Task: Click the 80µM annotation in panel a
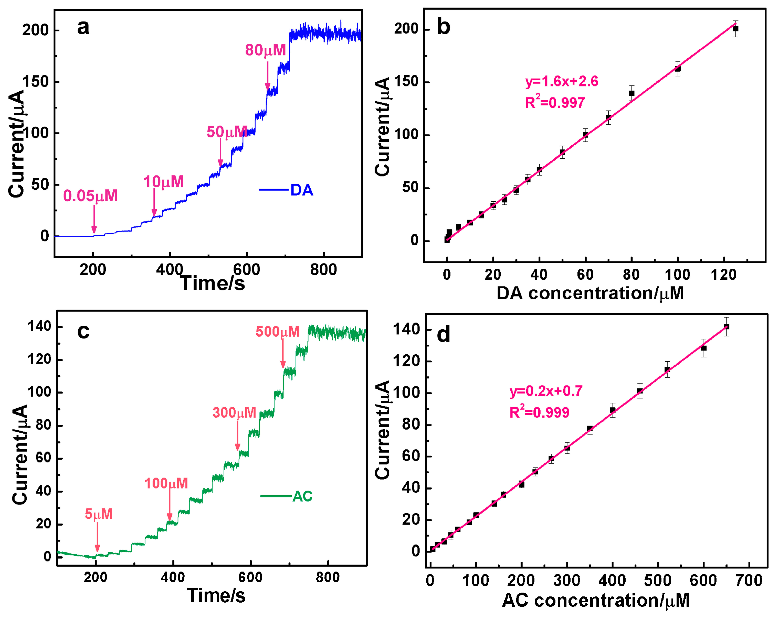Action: click(x=265, y=50)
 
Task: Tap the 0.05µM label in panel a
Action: click(x=90, y=196)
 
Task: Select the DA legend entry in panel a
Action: click(x=286, y=190)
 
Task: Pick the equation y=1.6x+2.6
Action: click(x=562, y=81)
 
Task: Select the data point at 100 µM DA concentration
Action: click(x=678, y=69)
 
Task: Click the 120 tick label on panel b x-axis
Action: click(x=723, y=275)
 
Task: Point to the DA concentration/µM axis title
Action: click(x=590, y=293)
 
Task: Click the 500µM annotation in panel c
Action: click(x=278, y=331)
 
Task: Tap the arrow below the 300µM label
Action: click(x=237, y=435)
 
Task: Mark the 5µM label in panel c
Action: click(x=99, y=514)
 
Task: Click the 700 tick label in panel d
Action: click(x=749, y=581)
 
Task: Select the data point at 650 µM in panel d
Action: click(x=726, y=327)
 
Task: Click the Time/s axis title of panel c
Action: click(x=216, y=595)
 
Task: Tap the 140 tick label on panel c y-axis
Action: click(x=40, y=326)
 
